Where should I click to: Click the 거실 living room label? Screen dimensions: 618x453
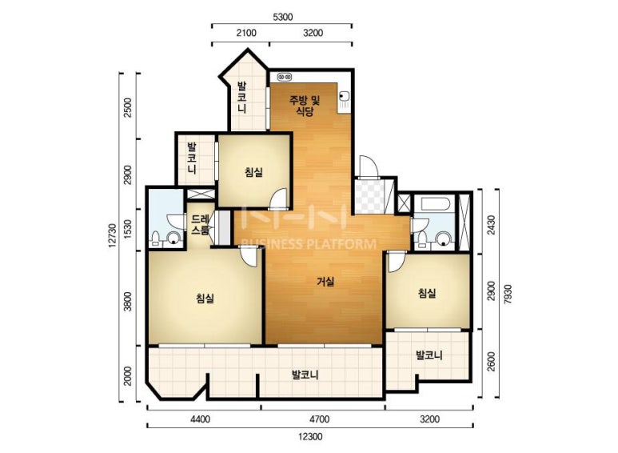(325, 282)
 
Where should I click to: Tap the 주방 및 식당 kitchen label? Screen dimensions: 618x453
(305, 106)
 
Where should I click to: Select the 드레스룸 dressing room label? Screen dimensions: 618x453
(200, 225)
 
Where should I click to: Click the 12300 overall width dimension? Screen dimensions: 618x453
(310, 437)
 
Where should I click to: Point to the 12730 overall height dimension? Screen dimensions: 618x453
(113, 236)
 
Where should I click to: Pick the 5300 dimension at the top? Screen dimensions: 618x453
(282, 17)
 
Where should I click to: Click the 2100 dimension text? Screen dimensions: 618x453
(246, 33)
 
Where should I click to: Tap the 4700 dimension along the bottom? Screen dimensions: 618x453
(319, 419)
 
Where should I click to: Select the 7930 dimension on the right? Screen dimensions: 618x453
(508, 294)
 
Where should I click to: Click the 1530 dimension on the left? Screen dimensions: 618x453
(128, 230)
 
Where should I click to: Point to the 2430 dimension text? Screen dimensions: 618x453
(491, 225)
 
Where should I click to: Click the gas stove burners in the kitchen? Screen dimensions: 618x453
(284, 76)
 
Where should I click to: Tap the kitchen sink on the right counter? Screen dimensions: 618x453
(345, 97)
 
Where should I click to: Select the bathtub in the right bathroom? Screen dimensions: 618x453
(435, 204)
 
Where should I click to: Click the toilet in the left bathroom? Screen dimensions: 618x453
(155, 239)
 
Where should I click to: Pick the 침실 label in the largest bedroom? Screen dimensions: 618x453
(205, 298)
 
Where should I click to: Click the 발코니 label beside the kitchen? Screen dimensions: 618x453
(241, 97)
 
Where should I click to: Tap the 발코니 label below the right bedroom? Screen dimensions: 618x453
(429, 355)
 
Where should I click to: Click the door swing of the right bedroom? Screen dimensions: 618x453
(395, 262)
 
